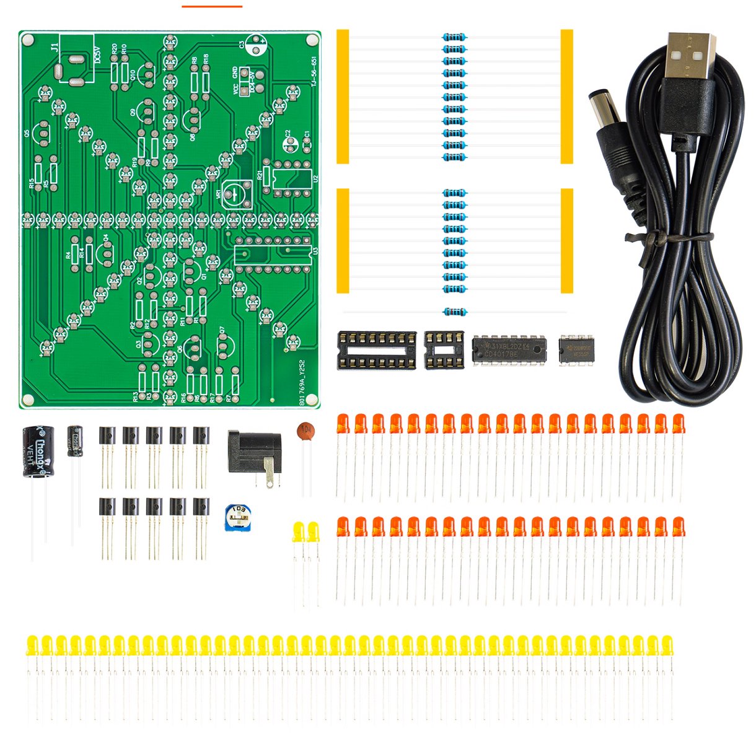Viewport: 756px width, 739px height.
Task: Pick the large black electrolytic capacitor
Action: click(38, 452)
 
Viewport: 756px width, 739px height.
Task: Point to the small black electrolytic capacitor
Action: click(75, 440)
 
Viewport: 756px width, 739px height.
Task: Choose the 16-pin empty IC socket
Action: click(376, 350)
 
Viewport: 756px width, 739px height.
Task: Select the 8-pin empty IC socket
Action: click(444, 349)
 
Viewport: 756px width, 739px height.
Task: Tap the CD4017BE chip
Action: click(509, 350)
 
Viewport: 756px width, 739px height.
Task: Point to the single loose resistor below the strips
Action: click(454, 312)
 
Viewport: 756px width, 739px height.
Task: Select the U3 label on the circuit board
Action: click(315, 251)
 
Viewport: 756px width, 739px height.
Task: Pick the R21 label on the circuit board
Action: click(260, 176)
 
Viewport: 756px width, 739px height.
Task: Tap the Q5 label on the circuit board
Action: click(27, 133)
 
